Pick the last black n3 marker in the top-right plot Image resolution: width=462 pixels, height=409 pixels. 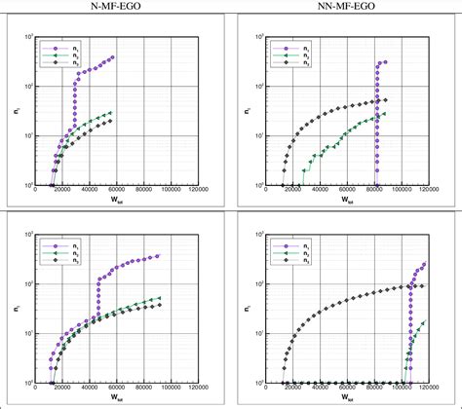pyautogui.click(x=385, y=100)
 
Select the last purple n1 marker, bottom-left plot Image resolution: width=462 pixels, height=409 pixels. pyautogui.click(x=158, y=256)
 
